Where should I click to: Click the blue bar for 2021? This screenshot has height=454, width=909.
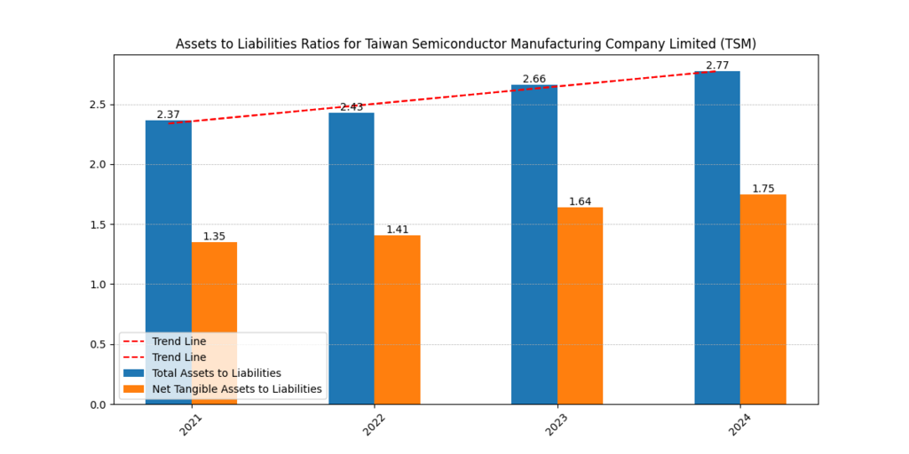(x=169, y=222)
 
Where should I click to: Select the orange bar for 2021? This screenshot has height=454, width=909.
(x=214, y=293)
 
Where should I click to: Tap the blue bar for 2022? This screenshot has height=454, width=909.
(x=352, y=257)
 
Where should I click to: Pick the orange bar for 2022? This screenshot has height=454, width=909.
(x=397, y=319)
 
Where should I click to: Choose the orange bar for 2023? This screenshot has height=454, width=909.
(x=580, y=306)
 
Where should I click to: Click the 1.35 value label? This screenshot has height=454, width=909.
(x=214, y=237)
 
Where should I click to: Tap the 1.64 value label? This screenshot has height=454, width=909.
(x=580, y=202)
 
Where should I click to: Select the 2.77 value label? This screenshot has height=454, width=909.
(x=717, y=66)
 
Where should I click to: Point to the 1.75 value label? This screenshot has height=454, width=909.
(x=763, y=189)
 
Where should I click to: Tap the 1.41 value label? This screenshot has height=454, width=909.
(x=397, y=230)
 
